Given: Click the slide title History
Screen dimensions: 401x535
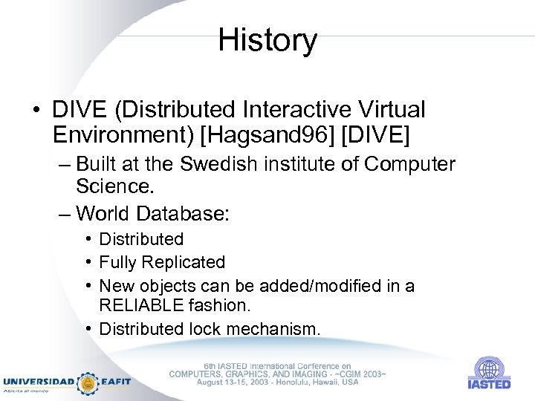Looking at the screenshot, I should [x=267, y=40].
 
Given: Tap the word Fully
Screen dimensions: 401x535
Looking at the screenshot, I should [x=117, y=262].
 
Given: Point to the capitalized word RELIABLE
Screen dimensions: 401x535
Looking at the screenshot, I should [x=146, y=305].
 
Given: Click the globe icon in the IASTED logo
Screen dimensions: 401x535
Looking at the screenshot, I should [x=488, y=369].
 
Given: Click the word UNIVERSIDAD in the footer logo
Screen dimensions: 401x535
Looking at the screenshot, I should [x=39, y=382].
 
